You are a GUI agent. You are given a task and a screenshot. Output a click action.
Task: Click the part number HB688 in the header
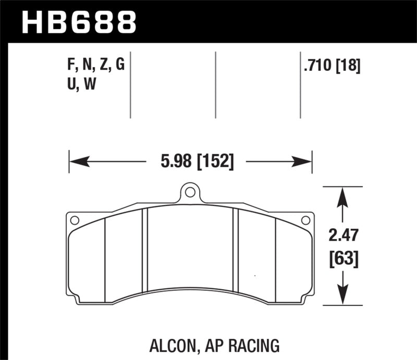[x=79, y=22]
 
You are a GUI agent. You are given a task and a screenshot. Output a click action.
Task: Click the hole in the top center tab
[x=190, y=193]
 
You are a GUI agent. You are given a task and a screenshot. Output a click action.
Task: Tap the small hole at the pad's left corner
[x=74, y=220]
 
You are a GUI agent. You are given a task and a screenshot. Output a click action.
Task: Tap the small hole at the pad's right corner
[x=306, y=220]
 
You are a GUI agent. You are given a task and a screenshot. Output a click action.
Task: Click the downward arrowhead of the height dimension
[x=342, y=297]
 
